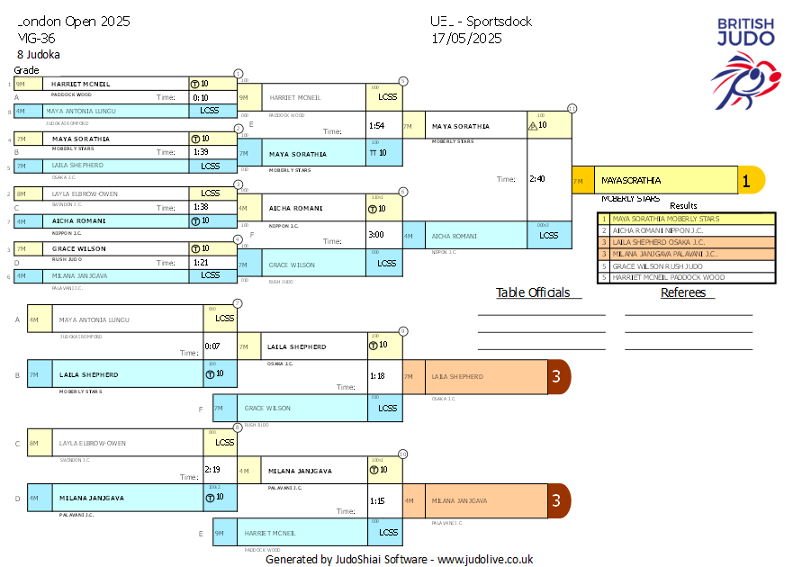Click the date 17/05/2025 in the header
[465, 38]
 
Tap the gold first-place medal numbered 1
[746, 180]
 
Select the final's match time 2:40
[537, 178]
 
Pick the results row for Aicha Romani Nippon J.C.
[687, 229]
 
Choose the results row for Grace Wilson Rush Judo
[687, 265]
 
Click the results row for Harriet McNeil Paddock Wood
[687, 277]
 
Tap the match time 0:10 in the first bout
[200, 97]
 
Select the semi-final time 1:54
[377, 125]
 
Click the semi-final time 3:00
[377, 234]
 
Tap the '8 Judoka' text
[39, 54]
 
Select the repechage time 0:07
[212, 346]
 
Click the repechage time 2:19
[212, 469]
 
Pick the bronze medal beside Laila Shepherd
[557, 376]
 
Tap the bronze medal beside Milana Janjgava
[557, 500]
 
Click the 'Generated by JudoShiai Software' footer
[399, 559]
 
